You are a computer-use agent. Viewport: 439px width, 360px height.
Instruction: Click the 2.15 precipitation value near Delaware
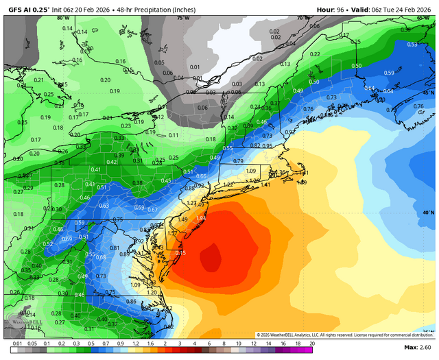[x=181, y=253]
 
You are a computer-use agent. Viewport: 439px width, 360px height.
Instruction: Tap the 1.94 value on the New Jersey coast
[x=201, y=218]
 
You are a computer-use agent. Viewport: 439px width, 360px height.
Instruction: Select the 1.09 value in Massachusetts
[x=250, y=171]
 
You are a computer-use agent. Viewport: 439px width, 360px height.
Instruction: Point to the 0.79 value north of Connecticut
[x=238, y=161]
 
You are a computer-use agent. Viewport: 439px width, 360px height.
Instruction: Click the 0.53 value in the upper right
[x=412, y=45]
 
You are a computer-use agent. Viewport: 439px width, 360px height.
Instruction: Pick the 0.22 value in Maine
[x=315, y=54]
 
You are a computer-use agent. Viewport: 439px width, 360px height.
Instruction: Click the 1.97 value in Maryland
[x=139, y=241]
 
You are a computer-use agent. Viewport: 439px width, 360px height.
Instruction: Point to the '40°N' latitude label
[x=428, y=213]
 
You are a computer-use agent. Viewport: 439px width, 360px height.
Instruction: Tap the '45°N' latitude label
[x=428, y=93]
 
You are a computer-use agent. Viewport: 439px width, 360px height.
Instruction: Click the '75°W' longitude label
[x=182, y=19]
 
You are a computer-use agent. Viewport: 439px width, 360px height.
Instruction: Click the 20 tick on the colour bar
[x=311, y=342]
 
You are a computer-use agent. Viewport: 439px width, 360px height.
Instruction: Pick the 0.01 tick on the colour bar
[x=15, y=342]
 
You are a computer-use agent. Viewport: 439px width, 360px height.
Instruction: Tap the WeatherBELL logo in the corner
[x=19, y=322]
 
